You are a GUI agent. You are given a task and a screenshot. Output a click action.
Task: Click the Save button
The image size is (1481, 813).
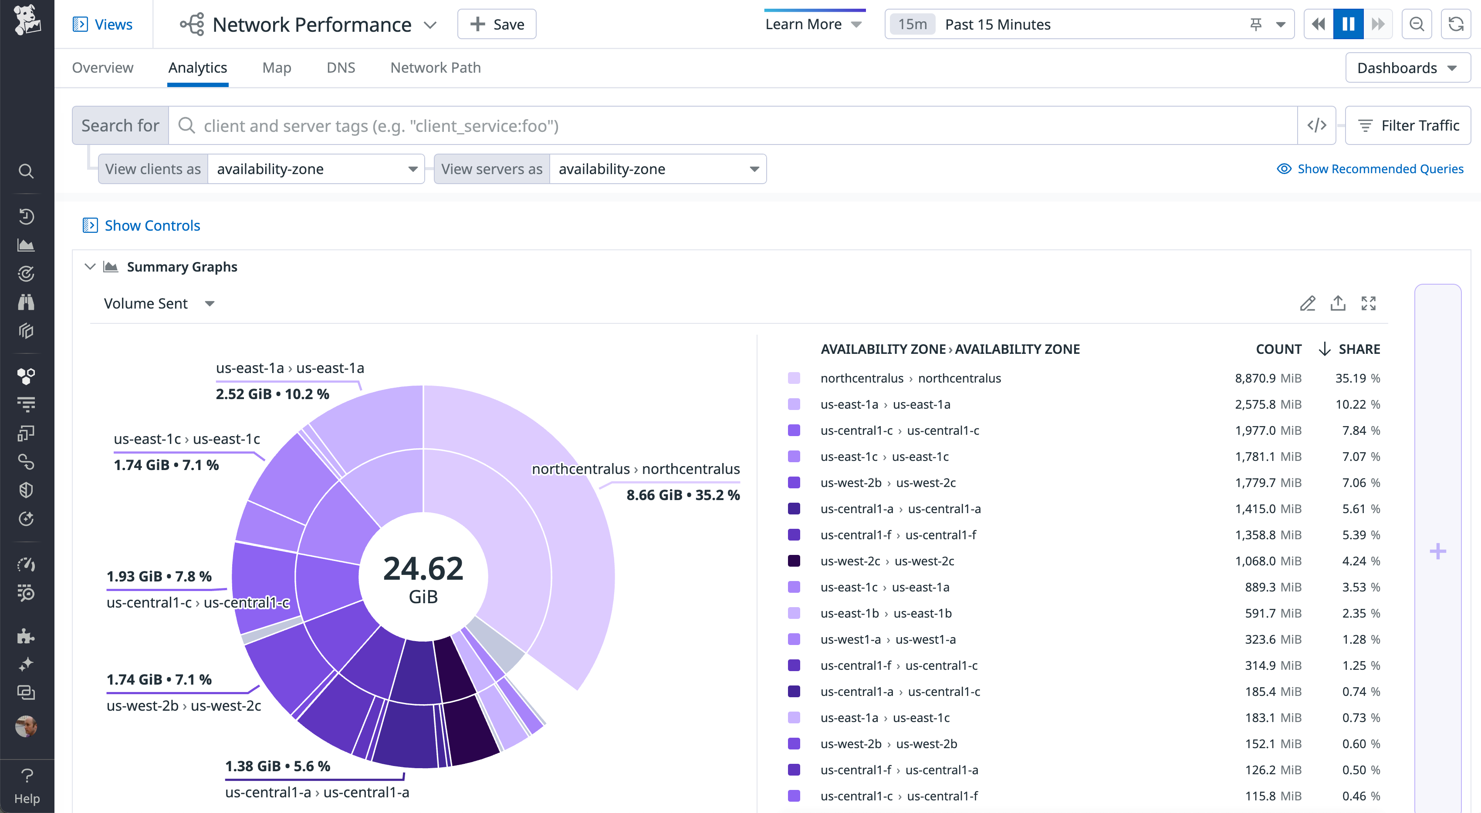497,24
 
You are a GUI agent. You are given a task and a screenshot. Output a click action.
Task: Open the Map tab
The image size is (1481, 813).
277,68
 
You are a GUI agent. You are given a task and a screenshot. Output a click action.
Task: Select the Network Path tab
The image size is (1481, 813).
435,68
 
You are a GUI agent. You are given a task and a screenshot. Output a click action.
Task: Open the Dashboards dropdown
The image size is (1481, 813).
1407,68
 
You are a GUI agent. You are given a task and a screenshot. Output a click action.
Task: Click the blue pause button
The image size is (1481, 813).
1348,24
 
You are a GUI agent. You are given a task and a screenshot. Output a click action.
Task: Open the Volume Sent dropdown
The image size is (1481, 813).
159,303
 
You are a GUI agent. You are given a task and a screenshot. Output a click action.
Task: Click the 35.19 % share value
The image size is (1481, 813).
1357,378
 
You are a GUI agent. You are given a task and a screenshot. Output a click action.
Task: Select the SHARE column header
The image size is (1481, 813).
1359,349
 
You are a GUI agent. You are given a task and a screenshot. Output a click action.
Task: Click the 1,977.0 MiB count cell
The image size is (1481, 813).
1268,430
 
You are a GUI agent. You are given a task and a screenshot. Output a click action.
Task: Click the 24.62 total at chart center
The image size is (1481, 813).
423,569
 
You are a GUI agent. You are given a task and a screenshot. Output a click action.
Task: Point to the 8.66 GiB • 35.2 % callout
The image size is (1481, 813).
683,495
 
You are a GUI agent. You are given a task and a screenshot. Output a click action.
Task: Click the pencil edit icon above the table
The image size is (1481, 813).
1307,303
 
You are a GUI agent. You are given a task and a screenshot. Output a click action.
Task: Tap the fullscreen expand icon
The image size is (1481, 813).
1368,303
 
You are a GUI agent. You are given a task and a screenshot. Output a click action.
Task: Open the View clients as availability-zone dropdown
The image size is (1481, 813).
316,169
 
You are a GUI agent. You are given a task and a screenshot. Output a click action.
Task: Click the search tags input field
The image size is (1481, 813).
730,125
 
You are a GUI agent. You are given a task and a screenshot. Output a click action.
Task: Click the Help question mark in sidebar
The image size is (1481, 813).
27,784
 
